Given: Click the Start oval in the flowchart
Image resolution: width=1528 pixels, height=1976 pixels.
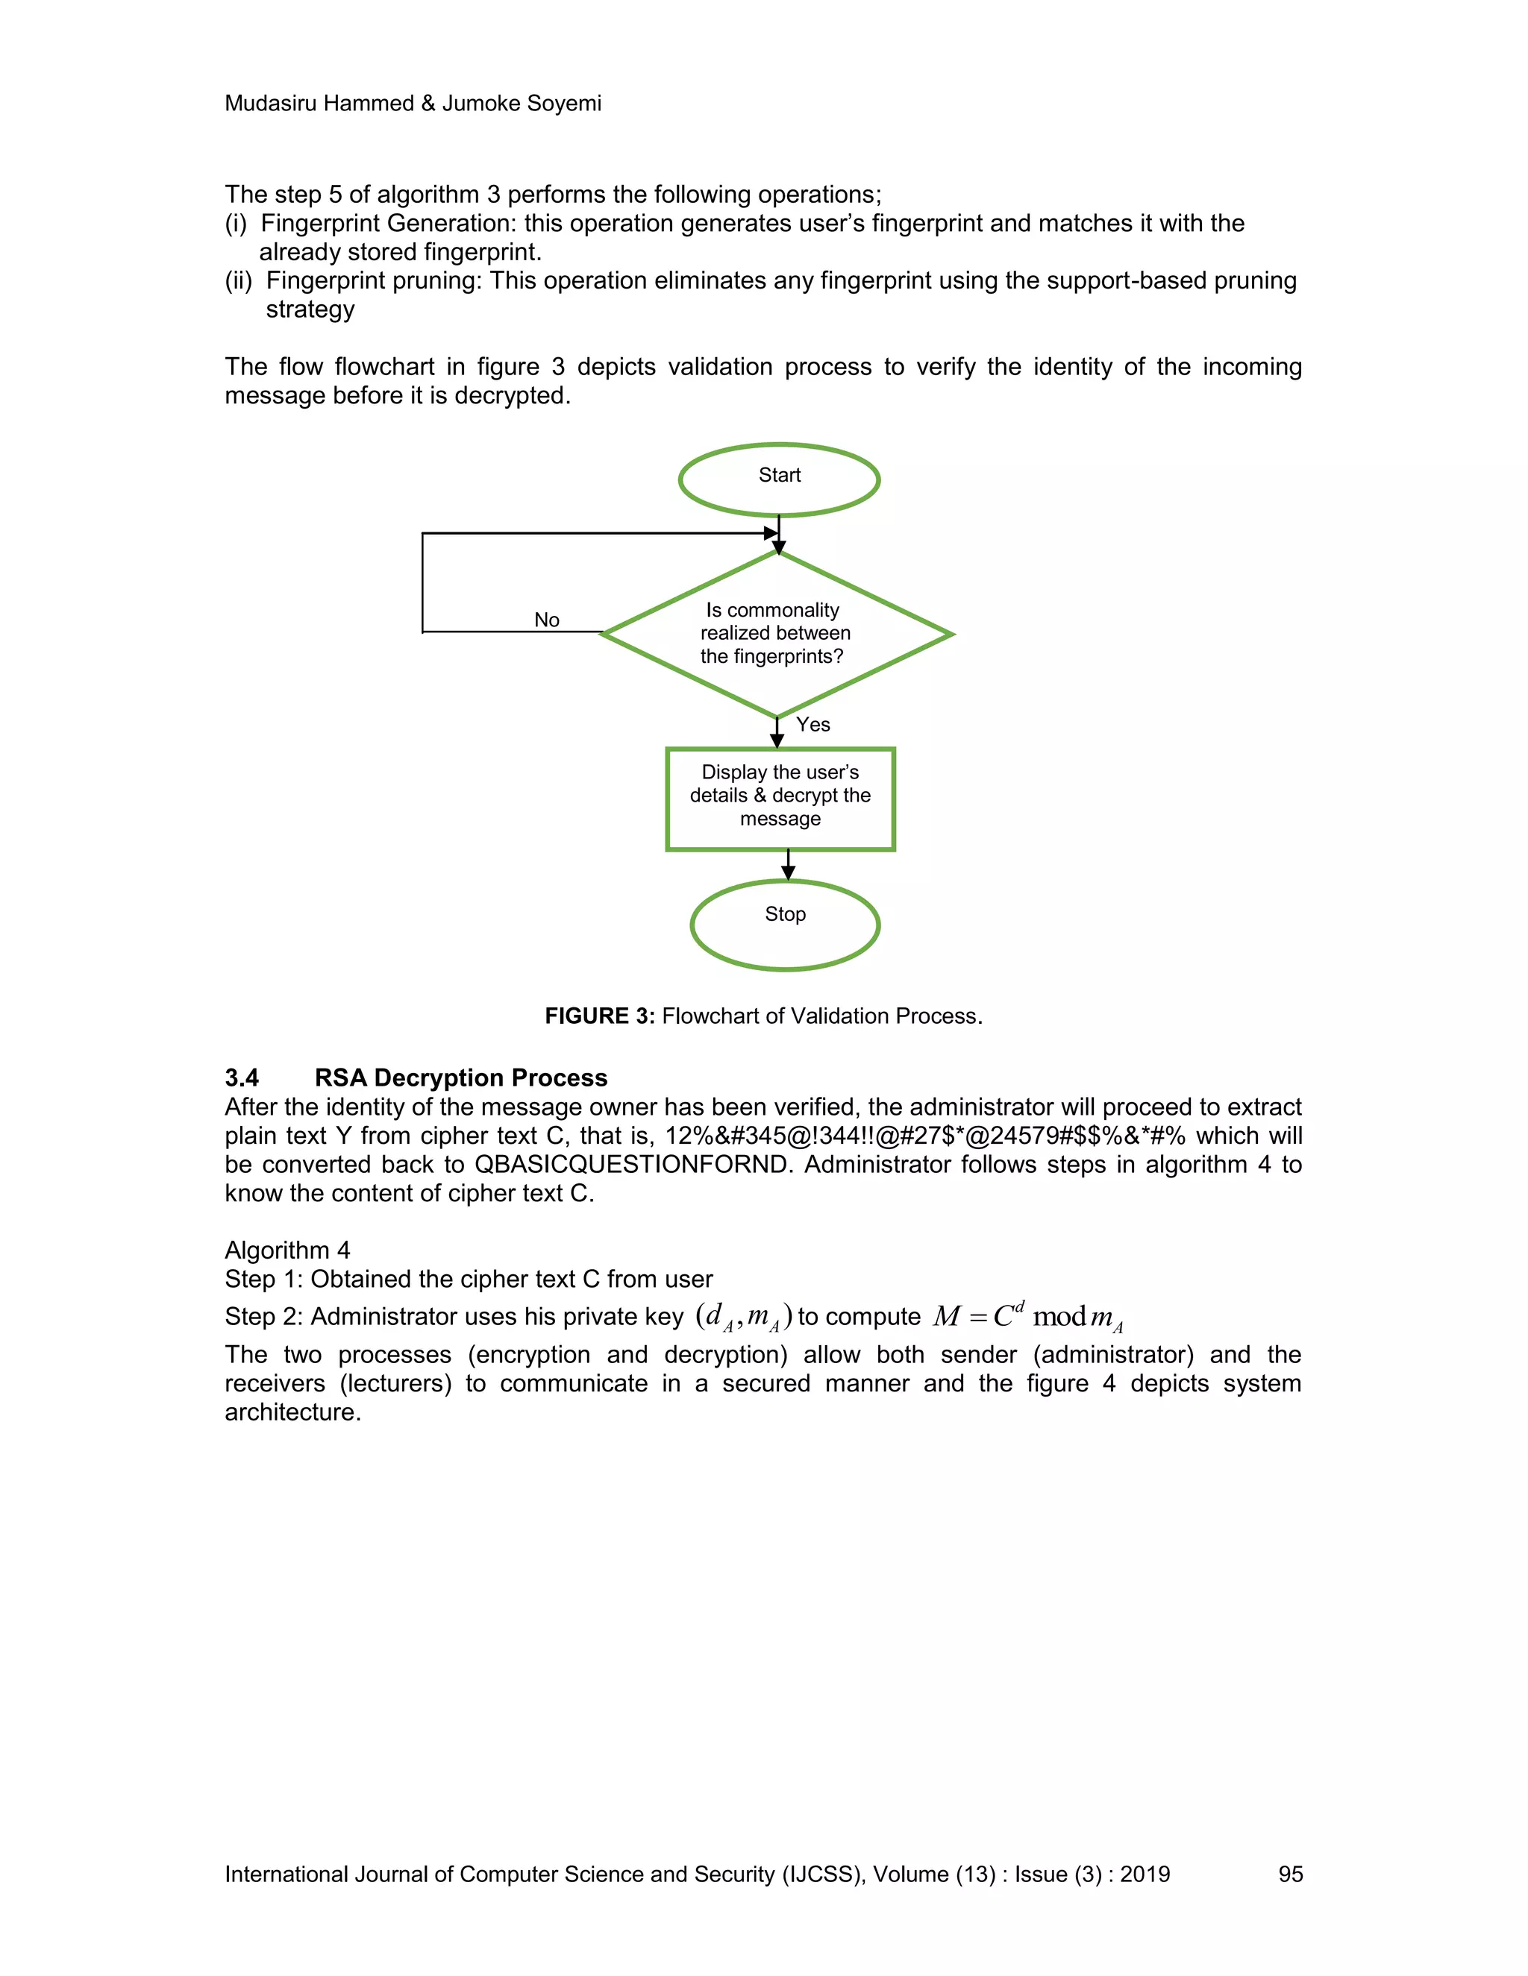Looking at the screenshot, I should [778, 479].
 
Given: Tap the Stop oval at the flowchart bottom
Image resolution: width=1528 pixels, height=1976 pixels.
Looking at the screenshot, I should [785, 925].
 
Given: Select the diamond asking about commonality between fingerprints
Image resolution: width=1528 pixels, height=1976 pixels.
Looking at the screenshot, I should [776, 633].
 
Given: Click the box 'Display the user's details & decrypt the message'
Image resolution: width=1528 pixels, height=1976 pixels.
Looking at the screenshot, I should [780, 798].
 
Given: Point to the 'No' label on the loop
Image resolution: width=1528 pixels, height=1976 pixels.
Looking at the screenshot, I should [547, 620].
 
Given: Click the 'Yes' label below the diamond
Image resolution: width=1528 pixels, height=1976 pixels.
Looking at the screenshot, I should [813, 725].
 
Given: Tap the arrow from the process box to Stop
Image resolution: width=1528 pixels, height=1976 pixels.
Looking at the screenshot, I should [788, 865].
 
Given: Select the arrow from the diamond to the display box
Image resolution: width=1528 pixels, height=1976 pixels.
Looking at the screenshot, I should [777, 734].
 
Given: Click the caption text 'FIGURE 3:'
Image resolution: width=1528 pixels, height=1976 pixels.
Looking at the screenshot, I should [599, 1016].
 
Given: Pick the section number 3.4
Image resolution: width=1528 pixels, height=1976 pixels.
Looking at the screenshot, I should [242, 1077].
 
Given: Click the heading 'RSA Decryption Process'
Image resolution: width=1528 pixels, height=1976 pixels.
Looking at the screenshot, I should [461, 1077].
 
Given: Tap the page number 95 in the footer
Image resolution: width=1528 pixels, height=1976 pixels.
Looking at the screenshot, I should [1290, 1874].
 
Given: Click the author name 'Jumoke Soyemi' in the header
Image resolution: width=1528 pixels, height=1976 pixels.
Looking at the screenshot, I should [522, 103].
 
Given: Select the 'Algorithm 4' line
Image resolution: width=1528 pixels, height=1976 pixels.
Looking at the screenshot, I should [287, 1250].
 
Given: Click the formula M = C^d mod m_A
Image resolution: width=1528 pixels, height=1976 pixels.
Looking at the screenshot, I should [1027, 1318].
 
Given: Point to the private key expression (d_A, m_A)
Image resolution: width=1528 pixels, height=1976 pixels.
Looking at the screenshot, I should [743, 1318].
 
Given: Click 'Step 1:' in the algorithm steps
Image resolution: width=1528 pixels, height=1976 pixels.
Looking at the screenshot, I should [263, 1280].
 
